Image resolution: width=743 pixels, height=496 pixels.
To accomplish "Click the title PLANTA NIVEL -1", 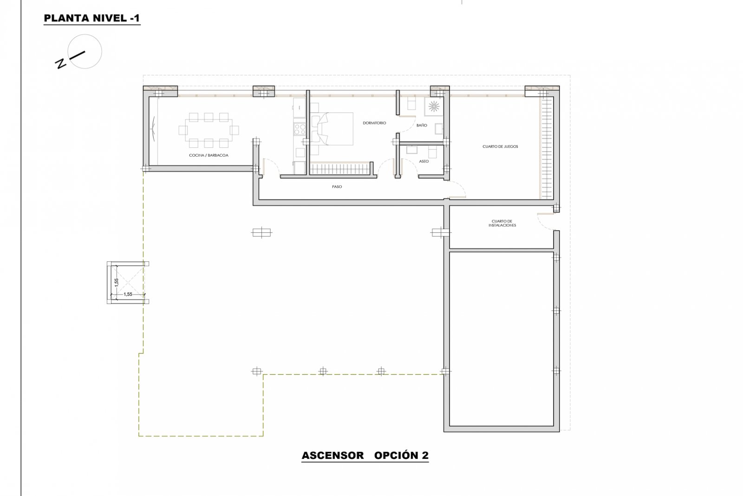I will tap(91, 19).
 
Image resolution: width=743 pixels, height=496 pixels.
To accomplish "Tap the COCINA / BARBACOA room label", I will tap(208, 155).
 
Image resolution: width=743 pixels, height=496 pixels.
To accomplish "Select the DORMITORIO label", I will tap(374, 123).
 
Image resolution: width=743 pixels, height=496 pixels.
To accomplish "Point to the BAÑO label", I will tap(422, 126).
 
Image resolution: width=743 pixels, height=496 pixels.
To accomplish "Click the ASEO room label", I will tap(424, 161).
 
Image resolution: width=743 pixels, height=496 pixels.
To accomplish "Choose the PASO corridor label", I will tap(337, 187).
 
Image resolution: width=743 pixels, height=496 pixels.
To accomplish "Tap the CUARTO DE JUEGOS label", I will tap(500, 146).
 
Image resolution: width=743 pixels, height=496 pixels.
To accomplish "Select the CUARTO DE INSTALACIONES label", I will tap(502, 223).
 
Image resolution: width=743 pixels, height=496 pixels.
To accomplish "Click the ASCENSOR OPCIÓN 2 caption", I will tap(365, 456).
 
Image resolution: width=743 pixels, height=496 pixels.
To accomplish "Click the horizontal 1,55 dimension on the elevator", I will tap(128, 294).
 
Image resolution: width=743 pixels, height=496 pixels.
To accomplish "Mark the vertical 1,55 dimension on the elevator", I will tap(117, 283).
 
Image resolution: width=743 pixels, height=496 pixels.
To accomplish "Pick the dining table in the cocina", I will tap(208, 129).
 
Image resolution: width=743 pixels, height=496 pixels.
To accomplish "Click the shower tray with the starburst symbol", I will tap(434, 106).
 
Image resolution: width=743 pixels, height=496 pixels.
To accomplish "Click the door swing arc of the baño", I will tap(409, 123).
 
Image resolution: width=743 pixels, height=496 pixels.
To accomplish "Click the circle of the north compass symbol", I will tap(85, 52).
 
